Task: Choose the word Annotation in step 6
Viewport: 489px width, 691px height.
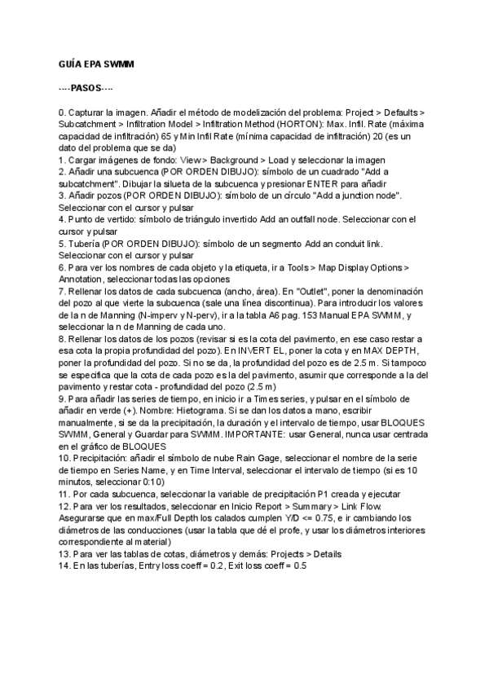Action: click(82, 279)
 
